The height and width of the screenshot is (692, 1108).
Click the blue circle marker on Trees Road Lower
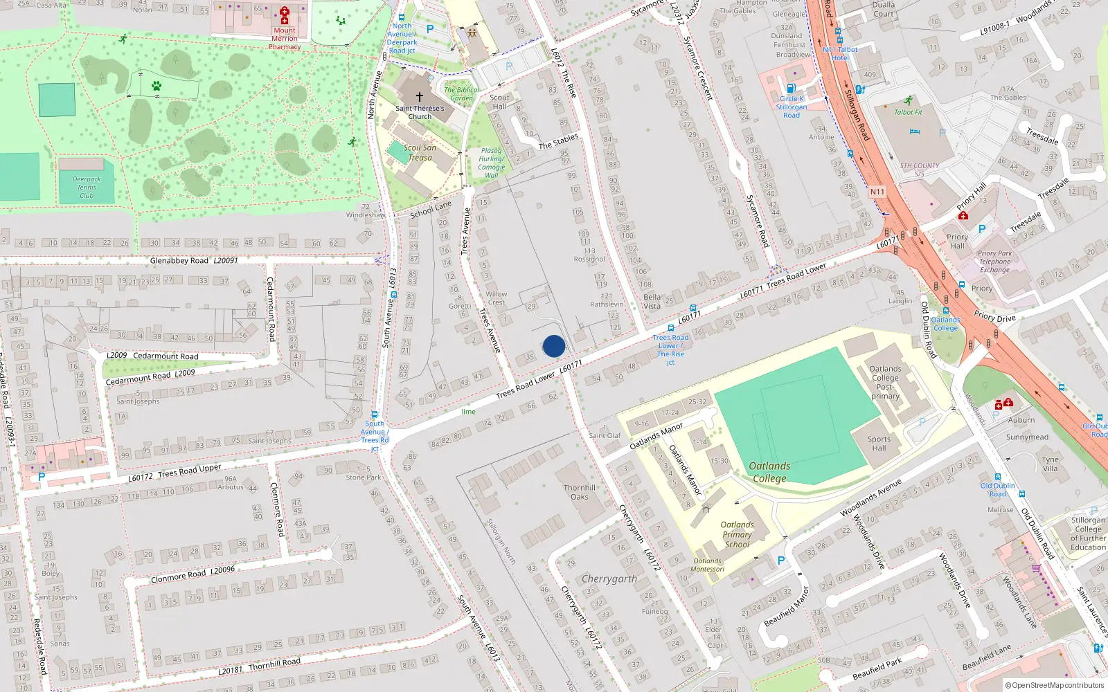pos(554,346)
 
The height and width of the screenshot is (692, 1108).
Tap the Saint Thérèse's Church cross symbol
pos(419,97)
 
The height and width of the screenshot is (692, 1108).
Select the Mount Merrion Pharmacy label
pos(285,39)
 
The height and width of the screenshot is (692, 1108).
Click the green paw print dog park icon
pos(157,86)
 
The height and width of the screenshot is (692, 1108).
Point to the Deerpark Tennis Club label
pos(87,188)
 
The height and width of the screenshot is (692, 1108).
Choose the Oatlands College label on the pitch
pos(769,472)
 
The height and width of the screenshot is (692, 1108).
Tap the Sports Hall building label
pos(879,444)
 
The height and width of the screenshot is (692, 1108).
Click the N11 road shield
pos(877,192)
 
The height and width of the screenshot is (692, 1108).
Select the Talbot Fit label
pos(908,112)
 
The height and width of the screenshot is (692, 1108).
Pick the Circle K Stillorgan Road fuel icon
pos(791,88)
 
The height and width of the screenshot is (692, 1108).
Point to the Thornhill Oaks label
pos(580,492)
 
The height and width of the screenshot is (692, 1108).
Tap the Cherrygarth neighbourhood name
pos(609,579)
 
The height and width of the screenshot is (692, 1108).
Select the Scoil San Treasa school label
pos(420,152)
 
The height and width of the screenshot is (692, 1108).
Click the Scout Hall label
pos(499,102)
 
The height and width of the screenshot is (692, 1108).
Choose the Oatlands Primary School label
pos(737,534)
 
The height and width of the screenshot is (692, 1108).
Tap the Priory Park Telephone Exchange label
pos(995,262)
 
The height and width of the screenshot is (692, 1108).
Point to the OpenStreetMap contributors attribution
pos(1055,685)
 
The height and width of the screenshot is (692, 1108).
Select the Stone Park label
pos(364,477)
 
